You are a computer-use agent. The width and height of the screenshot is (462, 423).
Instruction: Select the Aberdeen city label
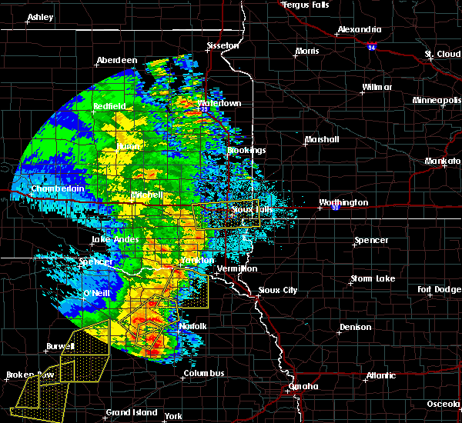point(116,61)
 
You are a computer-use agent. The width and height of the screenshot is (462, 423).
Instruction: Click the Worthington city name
point(343,203)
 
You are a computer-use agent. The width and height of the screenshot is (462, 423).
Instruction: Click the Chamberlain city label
point(57,188)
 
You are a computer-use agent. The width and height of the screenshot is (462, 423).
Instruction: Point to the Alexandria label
point(359,32)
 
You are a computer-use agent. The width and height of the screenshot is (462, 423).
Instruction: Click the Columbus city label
point(203,374)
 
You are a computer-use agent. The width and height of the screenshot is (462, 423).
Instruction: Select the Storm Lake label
point(373,278)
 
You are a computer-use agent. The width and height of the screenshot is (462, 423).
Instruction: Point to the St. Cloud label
point(442,55)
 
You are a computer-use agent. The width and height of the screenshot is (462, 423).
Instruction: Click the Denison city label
point(355,327)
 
